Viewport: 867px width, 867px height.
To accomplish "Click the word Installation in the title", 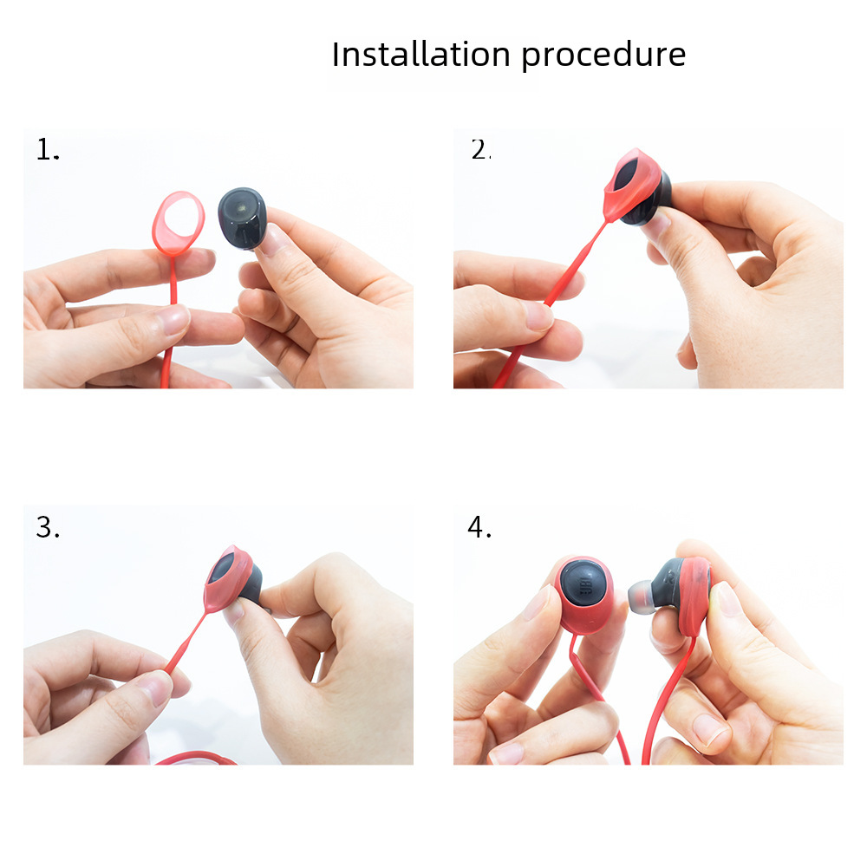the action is tap(420, 55).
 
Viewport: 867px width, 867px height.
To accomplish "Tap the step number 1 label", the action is tap(48, 150).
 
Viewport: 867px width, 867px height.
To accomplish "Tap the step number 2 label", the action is tap(480, 150).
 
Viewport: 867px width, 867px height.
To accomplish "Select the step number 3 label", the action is tap(48, 527).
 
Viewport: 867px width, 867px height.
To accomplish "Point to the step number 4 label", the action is tap(479, 527).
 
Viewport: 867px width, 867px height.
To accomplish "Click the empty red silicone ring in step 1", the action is tap(178, 224).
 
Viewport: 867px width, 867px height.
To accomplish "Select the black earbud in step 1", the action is tap(242, 218).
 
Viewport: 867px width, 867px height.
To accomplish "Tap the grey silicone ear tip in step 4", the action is tap(641, 596).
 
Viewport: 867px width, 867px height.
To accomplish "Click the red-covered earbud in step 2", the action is tap(637, 187).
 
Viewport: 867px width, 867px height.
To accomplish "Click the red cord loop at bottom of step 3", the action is tap(196, 758).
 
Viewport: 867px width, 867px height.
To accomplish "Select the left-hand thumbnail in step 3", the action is tap(156, 688).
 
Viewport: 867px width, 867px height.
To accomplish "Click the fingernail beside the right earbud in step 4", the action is tap(725, 599).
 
